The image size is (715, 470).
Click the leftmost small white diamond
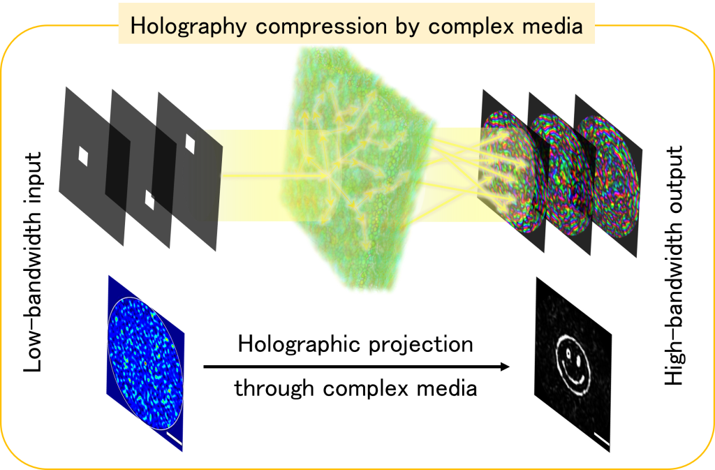click(x=83, y=156)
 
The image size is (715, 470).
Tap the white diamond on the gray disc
click(x=190, y=143)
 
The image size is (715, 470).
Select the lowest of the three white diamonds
click(x=149, y=199)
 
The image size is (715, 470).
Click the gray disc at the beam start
click(x=201, y=178)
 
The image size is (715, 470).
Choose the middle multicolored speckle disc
click(x=563, y=175)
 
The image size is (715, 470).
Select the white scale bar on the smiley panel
click(x=600, y=439)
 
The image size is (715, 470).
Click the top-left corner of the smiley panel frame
click(x=536, y=274)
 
